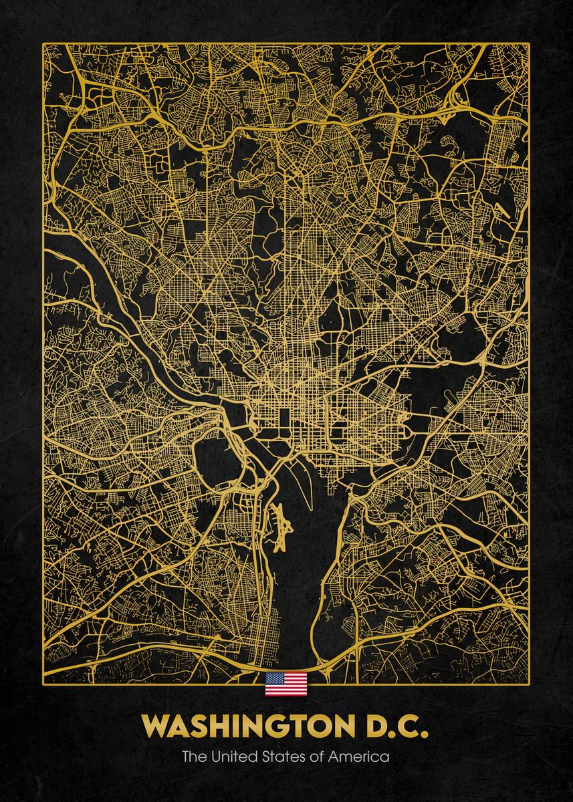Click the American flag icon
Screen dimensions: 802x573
286,684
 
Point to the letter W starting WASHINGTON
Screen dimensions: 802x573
154,726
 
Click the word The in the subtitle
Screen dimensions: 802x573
193,757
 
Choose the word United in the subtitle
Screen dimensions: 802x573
230,757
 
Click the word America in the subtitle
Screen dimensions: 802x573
361,757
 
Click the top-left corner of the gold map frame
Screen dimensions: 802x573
43,44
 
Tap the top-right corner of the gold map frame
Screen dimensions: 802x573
529,44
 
